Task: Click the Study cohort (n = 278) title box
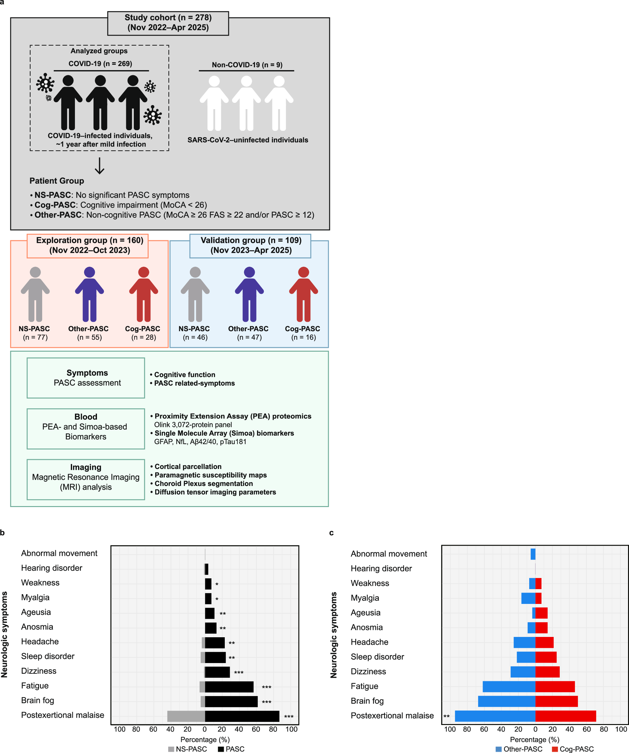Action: (x=168, y=23)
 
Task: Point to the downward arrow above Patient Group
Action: (x=99, y=166)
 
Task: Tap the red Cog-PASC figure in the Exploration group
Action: (x=144, y=294)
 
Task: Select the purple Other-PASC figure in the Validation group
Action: (x=249, y=294)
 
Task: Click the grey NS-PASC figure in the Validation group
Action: (x=195, y=294)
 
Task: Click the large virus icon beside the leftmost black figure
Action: (x=45, y=83)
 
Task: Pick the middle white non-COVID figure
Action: (x=246, y=103)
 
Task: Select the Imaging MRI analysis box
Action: (x=86, y=479)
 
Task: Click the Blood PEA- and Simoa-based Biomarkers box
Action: (x=86, y=428)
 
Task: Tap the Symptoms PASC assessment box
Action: (x=86, y=378)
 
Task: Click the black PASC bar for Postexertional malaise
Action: (x=242, y=716)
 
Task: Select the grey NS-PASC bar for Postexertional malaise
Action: (x=186, y=716)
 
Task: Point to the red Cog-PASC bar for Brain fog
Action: (x=556, y=701)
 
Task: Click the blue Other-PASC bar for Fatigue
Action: (x=509, y=687)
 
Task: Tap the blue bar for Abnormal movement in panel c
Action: (x=533, y=554)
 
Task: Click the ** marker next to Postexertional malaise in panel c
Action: (x=446, y=717)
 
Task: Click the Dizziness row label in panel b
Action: (x=39, y=671)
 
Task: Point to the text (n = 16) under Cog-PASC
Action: (x=303, y=337)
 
